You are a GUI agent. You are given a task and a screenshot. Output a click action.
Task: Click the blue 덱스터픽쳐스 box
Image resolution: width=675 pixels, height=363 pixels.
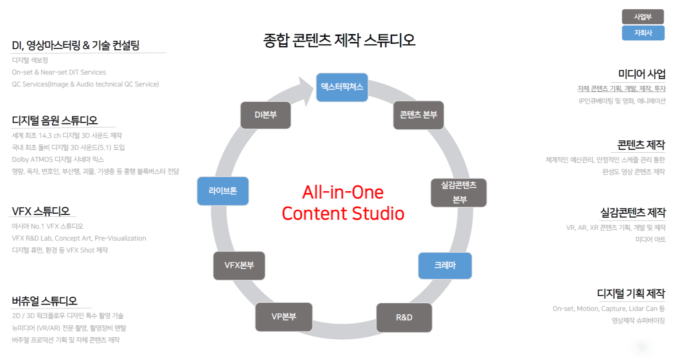pos(342,87)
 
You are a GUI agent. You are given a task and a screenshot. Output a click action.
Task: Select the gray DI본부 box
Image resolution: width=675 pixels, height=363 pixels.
pos(266,115)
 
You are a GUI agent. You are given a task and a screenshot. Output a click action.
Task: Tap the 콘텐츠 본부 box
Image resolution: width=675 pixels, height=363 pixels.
pos(418,115)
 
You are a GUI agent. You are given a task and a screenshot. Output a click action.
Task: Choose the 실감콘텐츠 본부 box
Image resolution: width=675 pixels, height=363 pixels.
pos(459,193)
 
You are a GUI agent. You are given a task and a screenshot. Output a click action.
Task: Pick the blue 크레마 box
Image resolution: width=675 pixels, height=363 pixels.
pos(445,266)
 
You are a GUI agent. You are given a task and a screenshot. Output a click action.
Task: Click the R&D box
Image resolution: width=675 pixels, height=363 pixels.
pos(404,317)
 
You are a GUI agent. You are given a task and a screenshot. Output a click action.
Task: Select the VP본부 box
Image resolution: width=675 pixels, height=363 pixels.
pos(284,317)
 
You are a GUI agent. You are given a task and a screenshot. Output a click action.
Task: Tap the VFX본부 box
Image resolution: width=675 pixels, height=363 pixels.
pos(239,266)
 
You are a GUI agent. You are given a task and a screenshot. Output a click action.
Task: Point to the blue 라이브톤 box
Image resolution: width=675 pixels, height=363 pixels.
pos(223,191)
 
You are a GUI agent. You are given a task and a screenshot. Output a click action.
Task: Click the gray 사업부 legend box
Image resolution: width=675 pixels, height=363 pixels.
pos(643,16)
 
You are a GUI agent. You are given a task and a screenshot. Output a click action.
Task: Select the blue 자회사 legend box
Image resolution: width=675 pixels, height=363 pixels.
pos(643,33)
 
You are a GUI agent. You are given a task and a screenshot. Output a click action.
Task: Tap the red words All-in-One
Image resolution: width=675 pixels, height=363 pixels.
pos(343,193)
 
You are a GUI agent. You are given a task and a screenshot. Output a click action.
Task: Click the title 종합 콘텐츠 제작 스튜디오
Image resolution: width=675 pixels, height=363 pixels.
pos(339,40)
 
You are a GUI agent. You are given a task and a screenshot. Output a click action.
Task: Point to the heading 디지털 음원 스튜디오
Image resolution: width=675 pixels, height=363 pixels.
pos(55,120)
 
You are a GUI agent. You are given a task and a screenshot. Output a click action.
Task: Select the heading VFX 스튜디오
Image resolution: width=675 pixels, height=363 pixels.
pos(41,211)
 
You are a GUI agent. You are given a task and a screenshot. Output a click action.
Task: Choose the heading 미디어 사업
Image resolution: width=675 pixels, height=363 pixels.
pos(642,74)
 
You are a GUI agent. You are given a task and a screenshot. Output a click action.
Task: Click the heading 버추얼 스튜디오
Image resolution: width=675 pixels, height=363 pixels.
pos(45,301)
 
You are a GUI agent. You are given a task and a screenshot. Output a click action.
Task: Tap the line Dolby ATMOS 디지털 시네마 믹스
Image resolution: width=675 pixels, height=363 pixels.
pos(58,159)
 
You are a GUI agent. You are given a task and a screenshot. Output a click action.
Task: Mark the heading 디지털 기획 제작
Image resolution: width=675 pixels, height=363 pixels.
pos(631,293)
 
